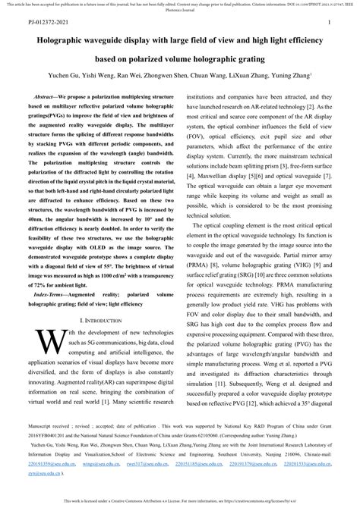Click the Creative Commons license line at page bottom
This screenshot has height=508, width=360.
click(x=179, y=501)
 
